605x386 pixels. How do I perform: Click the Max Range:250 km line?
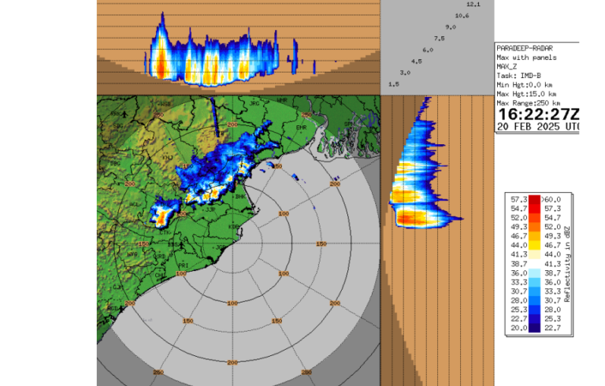pyautogui.click(x=529, y=103)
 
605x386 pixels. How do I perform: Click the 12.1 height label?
pyautogui.click(x=473, y=5)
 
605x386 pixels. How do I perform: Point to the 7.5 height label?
pyautogui.click(x=439, y=38)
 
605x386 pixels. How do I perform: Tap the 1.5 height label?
pyautogui.click(x=394, y=84)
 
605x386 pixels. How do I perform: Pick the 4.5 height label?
pyautogui.click(x=416, y=61)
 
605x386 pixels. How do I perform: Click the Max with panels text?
pyautogui.click(x=526, y=58)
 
